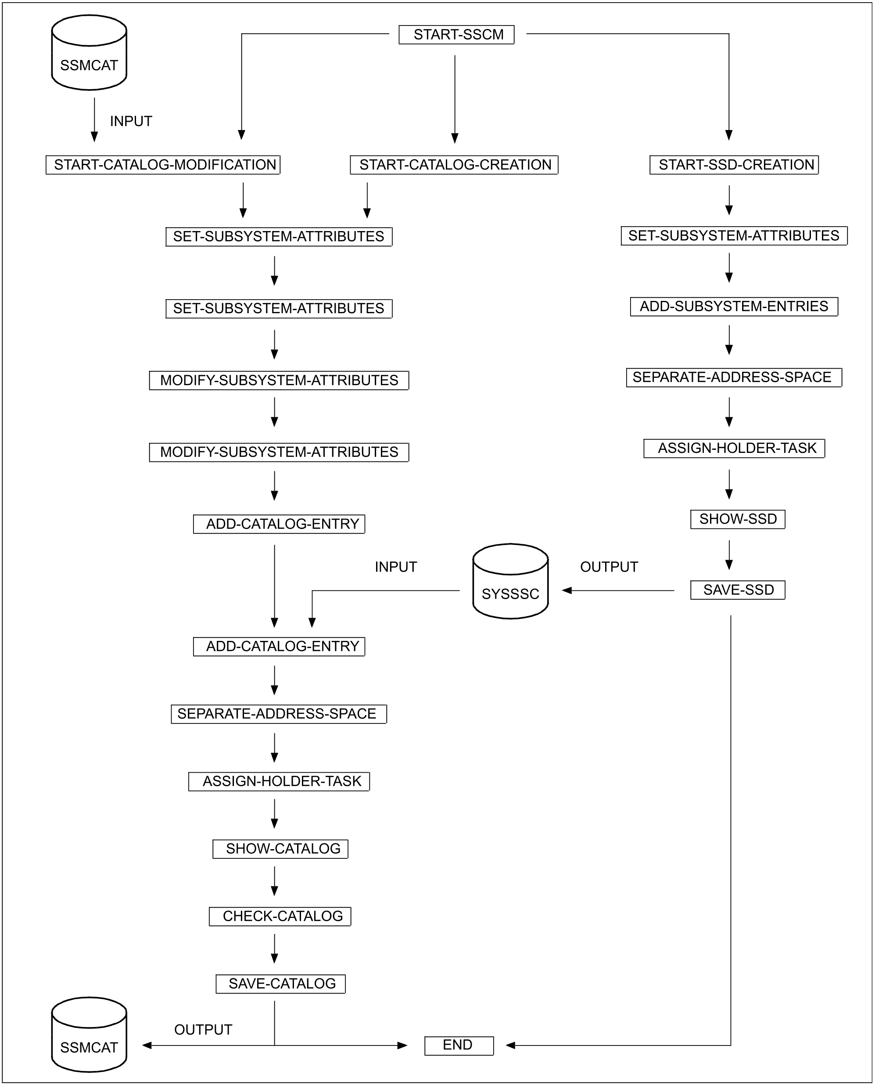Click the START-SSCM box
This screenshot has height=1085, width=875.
pyautogui.click(x=456, y=34)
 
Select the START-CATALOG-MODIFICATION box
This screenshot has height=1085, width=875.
pyautogui.click(x=163, y=165)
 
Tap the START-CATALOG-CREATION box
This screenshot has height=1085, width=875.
pyautogui.click(x=454, y=165)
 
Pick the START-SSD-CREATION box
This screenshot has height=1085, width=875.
pyautogui.click(x=734, y=165)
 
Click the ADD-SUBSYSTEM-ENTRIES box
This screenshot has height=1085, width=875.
pyautogui.click(x=734, y=307)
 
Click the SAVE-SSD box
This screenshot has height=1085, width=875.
pyautogui.click(x=737, y=590)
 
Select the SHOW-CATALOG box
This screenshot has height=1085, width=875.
pyautogui.click(x=280, y=849)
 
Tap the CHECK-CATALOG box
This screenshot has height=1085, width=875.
pyautogui.click(x=280, y=916)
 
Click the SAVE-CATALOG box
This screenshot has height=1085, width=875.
pyautogui.click(x=280, y=984)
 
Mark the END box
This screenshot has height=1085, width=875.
pyautogui.click(x=459, y=1045)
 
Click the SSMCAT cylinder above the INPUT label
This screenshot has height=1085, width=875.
pyautogui.click(x=89, y=52)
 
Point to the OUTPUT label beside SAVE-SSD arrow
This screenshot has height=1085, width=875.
pyautogui.click(x=609, y=567)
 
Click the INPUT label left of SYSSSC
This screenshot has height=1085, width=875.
pyautogui.click(x=396, y=567)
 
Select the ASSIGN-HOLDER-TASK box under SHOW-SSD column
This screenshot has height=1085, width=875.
pyautogui.click(x=734, y=448)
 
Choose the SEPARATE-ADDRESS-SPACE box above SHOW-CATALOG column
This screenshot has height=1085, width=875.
pyautogui.click(x=279, y=714)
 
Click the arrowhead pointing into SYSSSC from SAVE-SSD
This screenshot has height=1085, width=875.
pyautogui.click(x=567, y=591)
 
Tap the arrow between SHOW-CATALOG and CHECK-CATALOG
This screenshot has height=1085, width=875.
pyautogui.click(x=275, y=881)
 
